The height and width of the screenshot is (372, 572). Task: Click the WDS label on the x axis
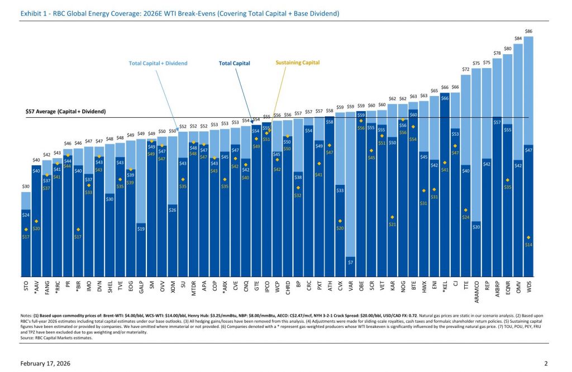coord(529,286)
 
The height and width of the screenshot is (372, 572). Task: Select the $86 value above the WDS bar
coord(529,31)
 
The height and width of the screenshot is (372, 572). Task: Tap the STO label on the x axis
coord(26,286)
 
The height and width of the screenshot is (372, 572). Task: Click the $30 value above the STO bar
coord(26,187)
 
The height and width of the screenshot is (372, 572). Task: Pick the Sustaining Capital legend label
coord(298,63)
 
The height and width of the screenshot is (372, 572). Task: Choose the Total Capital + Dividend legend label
coord(158,63)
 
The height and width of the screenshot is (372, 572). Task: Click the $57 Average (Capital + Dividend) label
coord(66,112)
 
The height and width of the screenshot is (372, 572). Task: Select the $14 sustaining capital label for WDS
coord(529,245)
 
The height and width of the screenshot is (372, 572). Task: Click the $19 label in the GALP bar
coord(141,228)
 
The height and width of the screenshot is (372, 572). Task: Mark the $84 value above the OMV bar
coord(518,38)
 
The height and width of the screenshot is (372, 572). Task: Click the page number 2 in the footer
coord(546,364)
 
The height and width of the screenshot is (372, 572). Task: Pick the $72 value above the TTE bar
coord(466,69)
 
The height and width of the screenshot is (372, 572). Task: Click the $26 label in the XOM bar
coord(173,209)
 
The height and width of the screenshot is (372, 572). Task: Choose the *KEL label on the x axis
coord(445,287)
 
